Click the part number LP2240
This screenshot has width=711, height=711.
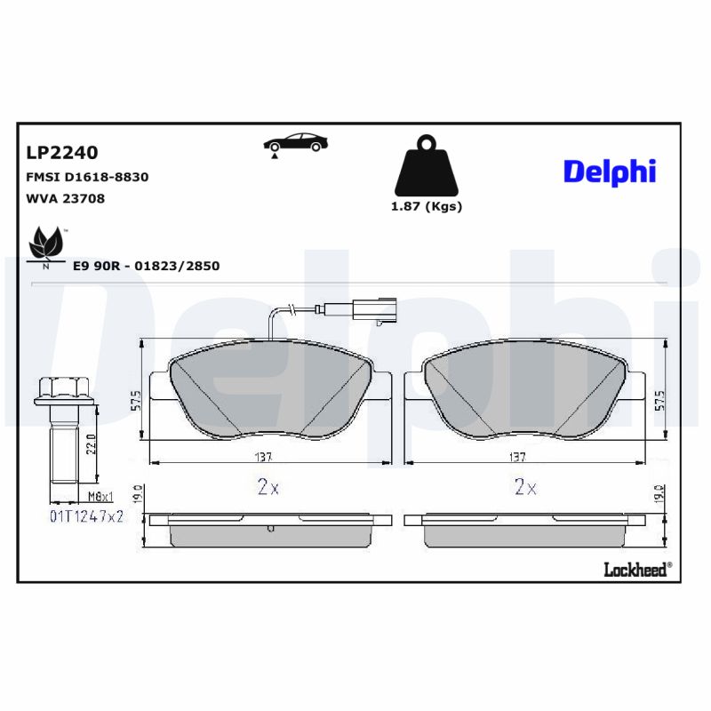click(x=61, y=152)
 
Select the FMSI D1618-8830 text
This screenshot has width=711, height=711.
click(x=87, y=177)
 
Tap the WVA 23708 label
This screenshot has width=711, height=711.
click(x=66, y=199)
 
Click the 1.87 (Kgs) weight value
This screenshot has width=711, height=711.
click(x=427, y=206)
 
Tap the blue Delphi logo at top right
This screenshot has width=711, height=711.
click(x=609, y=170)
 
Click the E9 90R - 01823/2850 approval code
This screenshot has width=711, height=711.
click(x=146, y=266)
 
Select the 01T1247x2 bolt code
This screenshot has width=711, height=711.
click(x=85, y=515)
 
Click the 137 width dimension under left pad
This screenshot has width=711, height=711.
click(x=262, y=457)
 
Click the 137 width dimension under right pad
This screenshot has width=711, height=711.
click(x=517, y=457)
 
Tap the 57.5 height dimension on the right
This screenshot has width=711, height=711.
click(x=659, y=398)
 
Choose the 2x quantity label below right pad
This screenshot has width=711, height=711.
click(x=524, y=488)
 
